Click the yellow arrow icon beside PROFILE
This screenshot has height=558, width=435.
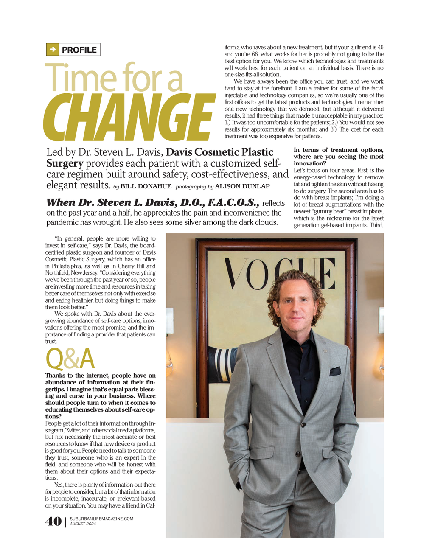point(52,50)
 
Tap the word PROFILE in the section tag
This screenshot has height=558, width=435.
point(79,50)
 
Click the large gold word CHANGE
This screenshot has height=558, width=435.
point(129,117)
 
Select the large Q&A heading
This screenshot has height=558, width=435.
point(70,359)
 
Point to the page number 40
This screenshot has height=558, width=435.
point(53,522)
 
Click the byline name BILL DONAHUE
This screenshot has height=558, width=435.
point(146,186)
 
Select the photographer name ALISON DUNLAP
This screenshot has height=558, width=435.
point(242,186)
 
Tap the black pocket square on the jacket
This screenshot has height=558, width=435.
point(335,371)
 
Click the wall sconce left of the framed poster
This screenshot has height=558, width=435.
point(169,322)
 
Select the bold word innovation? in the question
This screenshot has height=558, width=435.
point(309,163)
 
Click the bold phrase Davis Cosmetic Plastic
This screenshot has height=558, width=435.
point(219,152)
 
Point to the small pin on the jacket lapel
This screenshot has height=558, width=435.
point(324,351)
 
